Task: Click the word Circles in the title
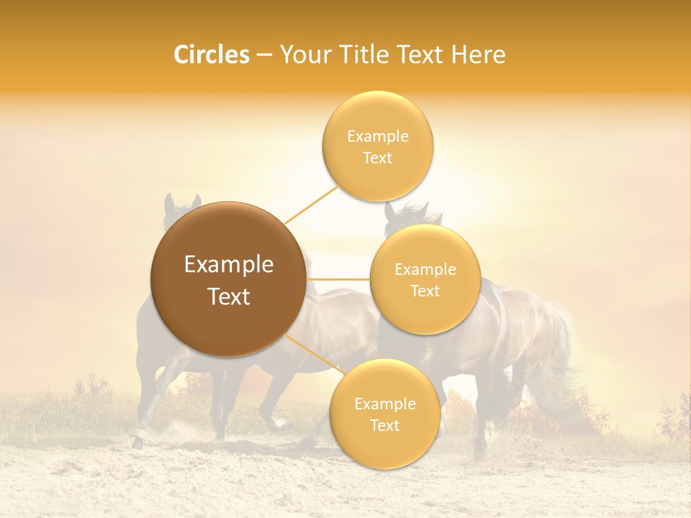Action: click(x=212, y=55)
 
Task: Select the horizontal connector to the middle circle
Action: click(x=338, y=279)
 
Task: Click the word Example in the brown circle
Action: click(x=229, y=265)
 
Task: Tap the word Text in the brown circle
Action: click(x=229, y=296)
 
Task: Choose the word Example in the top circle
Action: click(x=378, y=137)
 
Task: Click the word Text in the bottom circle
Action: click(x=385, y=425)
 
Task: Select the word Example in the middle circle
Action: click(x=425, y=270)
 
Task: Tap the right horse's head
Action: click(x=403, y=216)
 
